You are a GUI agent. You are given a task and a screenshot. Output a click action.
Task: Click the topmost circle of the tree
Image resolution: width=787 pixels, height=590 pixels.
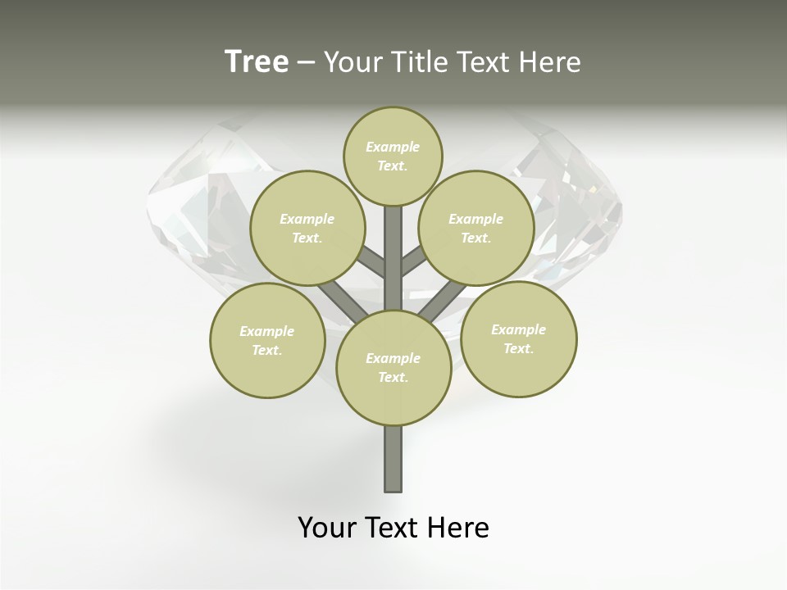pos(393,156)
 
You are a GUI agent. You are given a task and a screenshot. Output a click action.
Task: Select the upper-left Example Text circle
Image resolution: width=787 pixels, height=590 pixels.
pos(307,228)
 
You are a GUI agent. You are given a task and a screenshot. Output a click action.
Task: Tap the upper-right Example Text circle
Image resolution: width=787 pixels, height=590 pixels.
pos(475,228)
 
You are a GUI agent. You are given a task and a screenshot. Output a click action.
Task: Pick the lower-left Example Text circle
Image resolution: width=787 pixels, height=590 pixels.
pos(267,340)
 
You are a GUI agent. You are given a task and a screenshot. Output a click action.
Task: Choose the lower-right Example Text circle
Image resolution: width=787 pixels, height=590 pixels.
pos(518,338)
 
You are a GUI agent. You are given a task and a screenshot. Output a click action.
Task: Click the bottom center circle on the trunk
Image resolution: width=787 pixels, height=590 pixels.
pos(393,367)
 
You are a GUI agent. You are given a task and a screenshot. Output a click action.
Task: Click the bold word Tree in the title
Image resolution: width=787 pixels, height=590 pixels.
pos(257,61)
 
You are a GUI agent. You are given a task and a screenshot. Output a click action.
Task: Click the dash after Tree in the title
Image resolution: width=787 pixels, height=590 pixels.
pos(306,61)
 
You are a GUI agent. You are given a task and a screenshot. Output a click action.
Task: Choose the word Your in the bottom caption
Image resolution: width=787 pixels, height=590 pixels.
pos(327,527)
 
